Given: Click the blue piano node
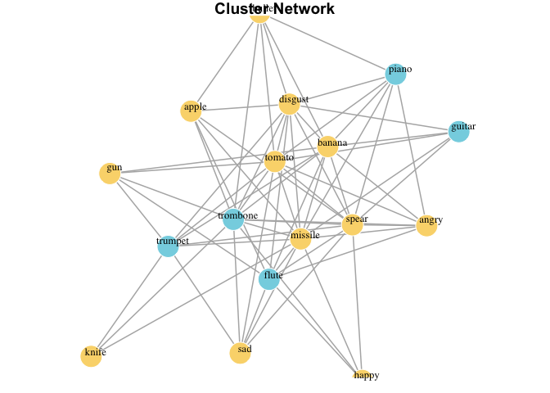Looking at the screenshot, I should pyautogui.click(x=396, y=74).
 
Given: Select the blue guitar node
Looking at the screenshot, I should pyautogui.click(x=459, y=131).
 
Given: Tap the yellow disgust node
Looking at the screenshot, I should pyautogui.click(x=290, y=104).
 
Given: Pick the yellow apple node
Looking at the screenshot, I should pyautogui.click(x=192, y=111).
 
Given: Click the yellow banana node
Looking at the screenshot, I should pyautogui.click(x=327, y=147).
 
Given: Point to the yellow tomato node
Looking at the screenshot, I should pyautogui.click(x=275, y=161).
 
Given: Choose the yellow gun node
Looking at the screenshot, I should pyautogui.click(x=110, y=173).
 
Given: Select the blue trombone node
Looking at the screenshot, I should pyautogui.click(x=233, y=219).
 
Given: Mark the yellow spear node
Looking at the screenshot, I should pyautogui.click(x=352, y=224).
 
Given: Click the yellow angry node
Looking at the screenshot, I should pyautogui.click(x=426, y=225).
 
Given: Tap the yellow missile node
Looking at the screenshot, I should pyautogui.click(x=300, y=239).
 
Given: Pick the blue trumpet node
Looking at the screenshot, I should pyautogui.click(x=168, y=246).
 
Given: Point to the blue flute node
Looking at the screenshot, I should pyautogui.click(x=269, y=279).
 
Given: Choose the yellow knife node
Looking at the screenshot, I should pyautogui.click(x=92, y=356).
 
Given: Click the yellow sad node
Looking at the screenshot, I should pyautogui.click(x=240, y=353).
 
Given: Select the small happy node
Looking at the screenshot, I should pyautogui.click(x=357, y=375).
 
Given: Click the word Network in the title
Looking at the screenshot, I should pyautogui.click(x=305, y=9).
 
